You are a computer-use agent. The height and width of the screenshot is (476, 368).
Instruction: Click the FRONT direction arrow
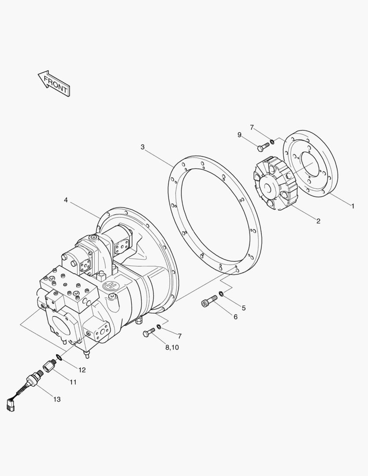point(54,84)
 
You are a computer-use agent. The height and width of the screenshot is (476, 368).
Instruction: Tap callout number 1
point(353,206)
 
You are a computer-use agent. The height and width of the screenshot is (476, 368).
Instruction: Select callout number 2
point(318,221)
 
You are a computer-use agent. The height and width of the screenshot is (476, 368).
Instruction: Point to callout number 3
point(142,147)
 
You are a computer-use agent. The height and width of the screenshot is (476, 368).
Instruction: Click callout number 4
point(66,200)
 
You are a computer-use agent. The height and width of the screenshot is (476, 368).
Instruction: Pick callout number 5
point(244,308)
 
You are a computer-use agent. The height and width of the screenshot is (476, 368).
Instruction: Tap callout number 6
point(236,317)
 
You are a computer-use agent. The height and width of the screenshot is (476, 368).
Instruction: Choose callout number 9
point(239,134)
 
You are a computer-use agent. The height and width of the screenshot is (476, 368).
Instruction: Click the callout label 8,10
point(172,348)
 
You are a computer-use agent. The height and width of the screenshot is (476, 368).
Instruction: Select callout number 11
point(73,382)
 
